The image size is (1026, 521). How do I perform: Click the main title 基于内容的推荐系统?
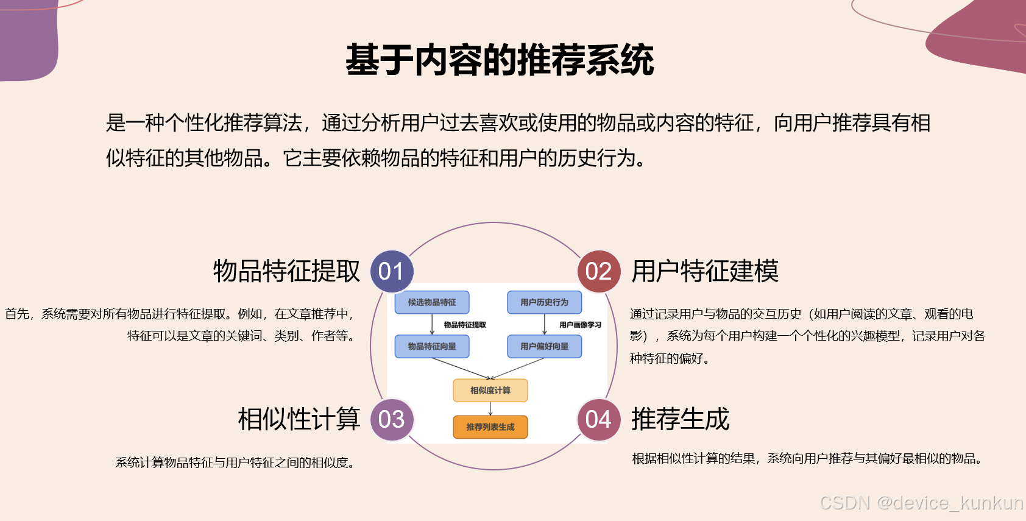pos(500,60)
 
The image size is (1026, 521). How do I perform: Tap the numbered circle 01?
pos(392,272)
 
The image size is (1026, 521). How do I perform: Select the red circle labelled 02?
pos(598,272)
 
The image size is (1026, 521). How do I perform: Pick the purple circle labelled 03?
pos(392,419)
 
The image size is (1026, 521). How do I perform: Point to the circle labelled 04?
pos(598,419)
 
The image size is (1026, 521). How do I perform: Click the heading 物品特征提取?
pos(286,271)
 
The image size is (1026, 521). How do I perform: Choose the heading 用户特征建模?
pos(705,271)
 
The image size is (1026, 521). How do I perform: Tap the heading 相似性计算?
pos(299,419)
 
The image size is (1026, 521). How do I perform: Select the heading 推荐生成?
pos(680,419)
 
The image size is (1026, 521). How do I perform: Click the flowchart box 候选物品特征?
pos(432,302)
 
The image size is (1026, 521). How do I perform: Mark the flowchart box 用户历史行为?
pos(544,302)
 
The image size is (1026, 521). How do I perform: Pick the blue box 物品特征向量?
pos(432,346)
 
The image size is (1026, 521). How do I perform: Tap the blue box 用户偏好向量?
pos(544,346)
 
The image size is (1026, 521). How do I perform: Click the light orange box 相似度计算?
pos(490,391)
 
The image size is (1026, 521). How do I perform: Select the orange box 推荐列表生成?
pos(490,427)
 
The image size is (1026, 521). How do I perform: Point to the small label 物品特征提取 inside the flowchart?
pos(465,325)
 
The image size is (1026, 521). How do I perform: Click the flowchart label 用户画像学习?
pos(580,325)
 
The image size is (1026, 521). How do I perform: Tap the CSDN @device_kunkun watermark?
pos(921,503)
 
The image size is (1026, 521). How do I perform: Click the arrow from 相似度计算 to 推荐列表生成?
pos(490,409)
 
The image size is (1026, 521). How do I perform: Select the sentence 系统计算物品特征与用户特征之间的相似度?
pos(235,463)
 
